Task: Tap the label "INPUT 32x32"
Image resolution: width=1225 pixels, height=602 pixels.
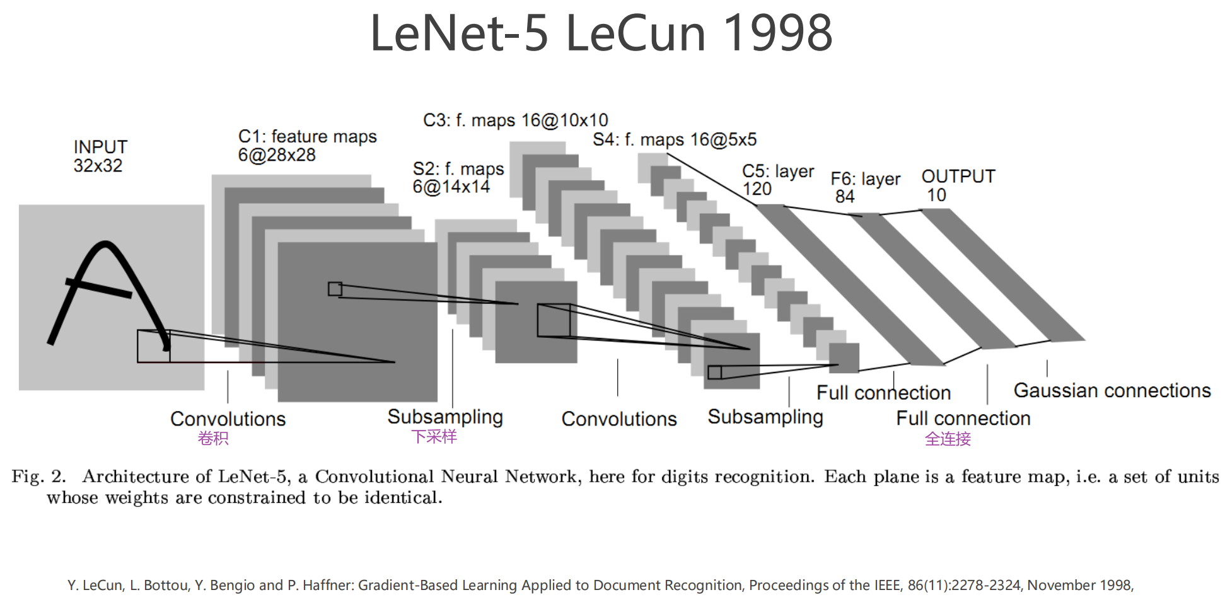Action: (x=100, y=156)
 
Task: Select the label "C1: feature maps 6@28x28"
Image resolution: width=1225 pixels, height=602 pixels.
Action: (x=307, y=146)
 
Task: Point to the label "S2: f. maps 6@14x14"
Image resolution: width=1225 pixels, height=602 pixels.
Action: (x=458, y=178)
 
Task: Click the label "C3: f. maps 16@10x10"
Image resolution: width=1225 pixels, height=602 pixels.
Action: (x=515, y=120)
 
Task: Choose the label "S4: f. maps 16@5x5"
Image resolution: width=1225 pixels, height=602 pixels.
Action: (x=674, y=140)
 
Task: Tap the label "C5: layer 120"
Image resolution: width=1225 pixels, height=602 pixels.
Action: (x=777, y=180)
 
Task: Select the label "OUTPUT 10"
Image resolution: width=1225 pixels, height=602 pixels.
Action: (x=958, y=185)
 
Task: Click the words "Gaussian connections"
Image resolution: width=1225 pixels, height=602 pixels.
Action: (x=1112, y=391)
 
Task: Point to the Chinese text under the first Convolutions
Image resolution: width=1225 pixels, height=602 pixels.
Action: (x=213, y=438)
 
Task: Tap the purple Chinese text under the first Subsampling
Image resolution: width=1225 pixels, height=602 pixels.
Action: (x=434, y=437)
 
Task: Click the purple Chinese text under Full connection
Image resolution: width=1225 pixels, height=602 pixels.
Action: (x=948, y=439)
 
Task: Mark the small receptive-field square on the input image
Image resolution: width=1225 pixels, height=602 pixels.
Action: (x=153, y=346)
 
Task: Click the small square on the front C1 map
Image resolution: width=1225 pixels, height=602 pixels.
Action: (x=335, y=289)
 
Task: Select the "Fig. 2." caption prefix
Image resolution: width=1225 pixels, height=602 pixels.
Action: (x=38, y=477)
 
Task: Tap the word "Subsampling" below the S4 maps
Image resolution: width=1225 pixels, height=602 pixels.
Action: (x=765, y=417)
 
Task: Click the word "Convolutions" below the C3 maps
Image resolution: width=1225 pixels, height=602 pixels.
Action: (x=618, y=419)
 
